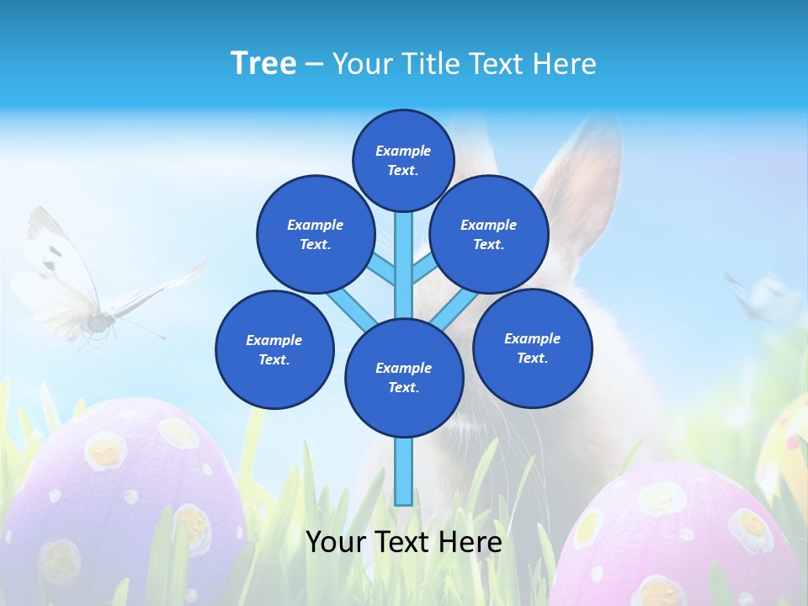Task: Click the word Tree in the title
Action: point(263,64)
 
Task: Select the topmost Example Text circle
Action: point(403,160)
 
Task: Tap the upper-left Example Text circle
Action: point(315,234)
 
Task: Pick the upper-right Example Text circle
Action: point(488,234)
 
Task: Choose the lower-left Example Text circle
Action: point(274,349)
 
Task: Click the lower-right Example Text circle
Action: point(532,348)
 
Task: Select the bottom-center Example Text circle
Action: point(404,378)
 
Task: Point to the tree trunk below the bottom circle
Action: point(404,471)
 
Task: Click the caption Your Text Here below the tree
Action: point(404,541)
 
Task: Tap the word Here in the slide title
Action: point(566,64)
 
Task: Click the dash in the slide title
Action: point(314,65)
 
